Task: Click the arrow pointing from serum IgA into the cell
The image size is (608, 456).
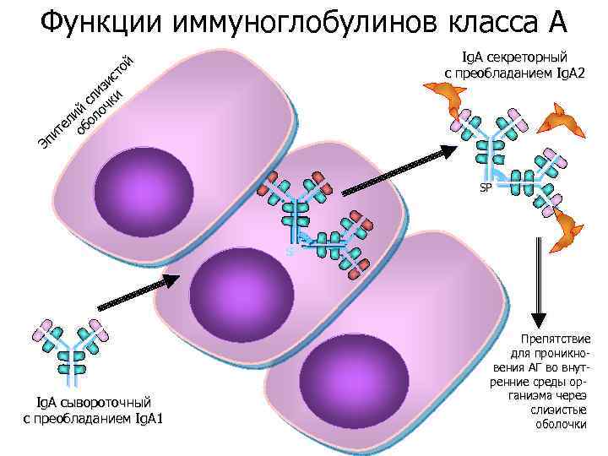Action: pyautogui.click(x=135, y=292)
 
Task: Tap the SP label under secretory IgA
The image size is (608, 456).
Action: pyautogui.click(x=486, y=187)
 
